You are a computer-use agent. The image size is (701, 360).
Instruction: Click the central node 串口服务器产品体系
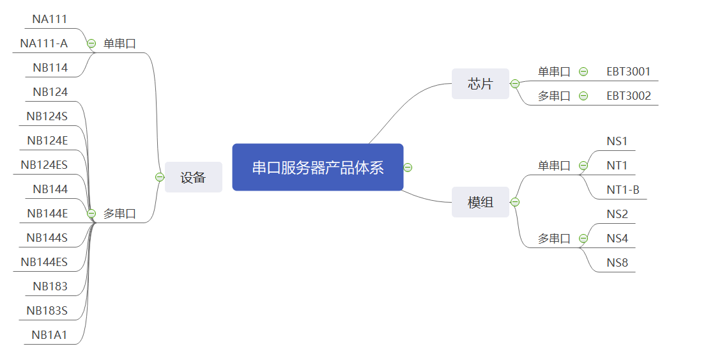point(318,168)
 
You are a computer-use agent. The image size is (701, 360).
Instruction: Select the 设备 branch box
point(193,177)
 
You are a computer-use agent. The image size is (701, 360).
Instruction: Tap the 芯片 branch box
point(480,84)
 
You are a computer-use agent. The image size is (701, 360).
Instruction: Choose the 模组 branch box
point(480,202)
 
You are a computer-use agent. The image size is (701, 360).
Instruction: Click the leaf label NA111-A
point(43,43)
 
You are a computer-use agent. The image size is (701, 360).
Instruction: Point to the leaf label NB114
point(50,68)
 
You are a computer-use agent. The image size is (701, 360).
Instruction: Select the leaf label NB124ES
point(43,165)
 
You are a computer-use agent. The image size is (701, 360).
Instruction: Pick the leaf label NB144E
point(47,214)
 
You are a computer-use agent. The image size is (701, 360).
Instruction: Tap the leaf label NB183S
point(47,311)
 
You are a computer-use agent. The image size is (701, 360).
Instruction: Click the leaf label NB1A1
point(49,335)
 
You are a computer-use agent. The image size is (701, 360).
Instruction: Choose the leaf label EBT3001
point(628,72)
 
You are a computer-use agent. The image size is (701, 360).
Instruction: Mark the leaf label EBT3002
point(628,96)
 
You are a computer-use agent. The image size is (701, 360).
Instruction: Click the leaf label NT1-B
point(622,190)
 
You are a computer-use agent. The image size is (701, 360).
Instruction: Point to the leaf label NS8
point(617,263)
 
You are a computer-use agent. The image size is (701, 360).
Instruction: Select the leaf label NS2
point(617,214)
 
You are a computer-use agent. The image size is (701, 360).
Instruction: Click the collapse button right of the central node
point(408,168)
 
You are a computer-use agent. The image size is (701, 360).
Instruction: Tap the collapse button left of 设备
point(160,177)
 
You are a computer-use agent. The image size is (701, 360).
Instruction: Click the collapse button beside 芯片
point(514,84)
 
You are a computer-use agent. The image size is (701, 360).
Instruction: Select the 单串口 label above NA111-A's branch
point(119,43)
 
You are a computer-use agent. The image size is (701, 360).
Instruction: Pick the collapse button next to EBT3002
point(583,96)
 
